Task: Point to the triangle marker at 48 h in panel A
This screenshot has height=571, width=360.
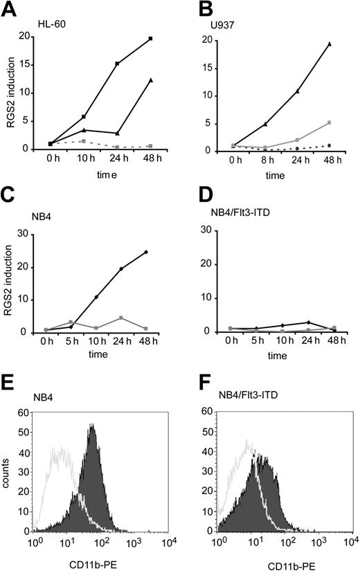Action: pos(150,80)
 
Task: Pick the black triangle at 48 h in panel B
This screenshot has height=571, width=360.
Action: pos(330,44)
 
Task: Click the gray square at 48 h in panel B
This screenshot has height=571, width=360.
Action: pos(330,123)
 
